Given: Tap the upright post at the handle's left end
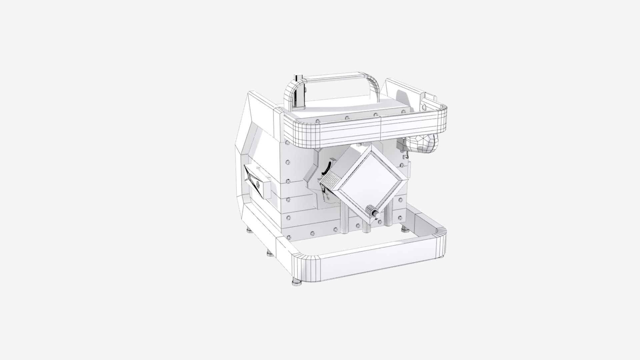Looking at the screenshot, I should pos(65,93).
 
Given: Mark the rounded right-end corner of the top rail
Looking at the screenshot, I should pos(441,120).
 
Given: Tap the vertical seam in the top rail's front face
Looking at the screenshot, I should pos(381,129).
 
